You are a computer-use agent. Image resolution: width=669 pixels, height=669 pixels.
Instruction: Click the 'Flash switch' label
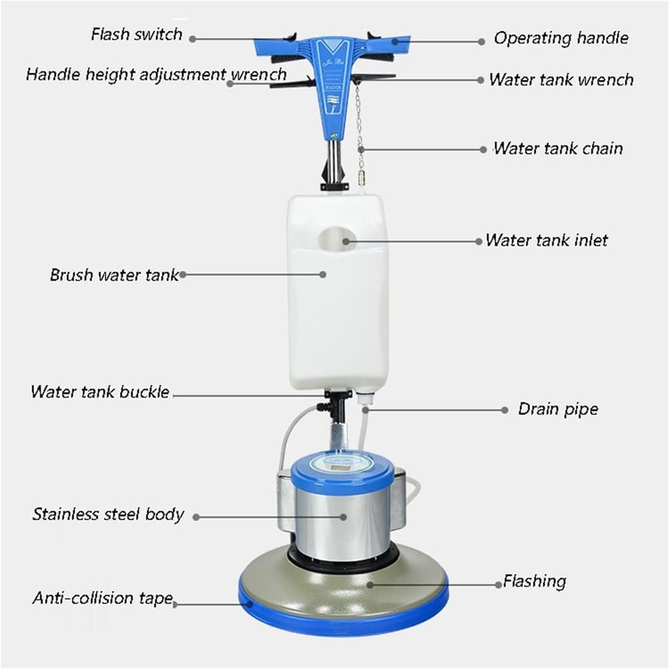point(137,34)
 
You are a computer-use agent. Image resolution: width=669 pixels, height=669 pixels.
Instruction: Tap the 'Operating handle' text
point(561,38)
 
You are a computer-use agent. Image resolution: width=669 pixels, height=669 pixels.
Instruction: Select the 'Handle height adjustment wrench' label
point(156,74)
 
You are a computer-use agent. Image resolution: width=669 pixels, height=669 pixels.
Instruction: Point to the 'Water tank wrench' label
point(561,79)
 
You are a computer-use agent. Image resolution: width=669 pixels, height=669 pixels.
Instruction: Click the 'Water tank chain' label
point(558,148)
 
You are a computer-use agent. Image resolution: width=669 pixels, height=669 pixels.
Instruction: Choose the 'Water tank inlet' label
point(546,240)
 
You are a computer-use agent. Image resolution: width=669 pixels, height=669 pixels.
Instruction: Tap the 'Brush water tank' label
point(114,275)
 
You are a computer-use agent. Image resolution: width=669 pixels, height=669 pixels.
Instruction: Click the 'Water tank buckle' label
point(100,392)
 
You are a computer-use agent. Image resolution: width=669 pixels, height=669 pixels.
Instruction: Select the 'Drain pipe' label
point(558,409)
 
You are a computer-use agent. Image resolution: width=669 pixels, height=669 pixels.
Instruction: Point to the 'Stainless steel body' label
point(108,514)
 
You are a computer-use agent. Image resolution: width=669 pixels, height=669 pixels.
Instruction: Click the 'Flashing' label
point(534,581)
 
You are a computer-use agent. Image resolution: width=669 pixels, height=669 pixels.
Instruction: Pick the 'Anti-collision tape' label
point(102,598)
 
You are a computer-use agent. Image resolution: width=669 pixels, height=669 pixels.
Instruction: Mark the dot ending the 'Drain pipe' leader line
point(505,410)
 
